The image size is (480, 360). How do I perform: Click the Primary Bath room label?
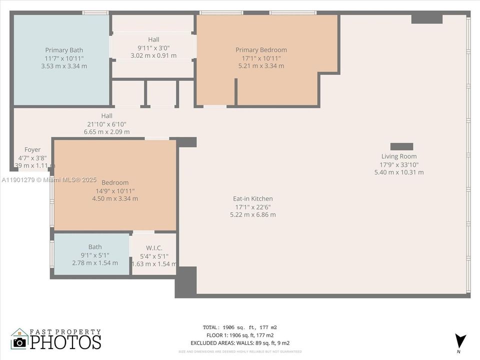[64, 50]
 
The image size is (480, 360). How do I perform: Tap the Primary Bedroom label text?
[261, 50]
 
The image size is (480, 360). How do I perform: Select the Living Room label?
[398, 156]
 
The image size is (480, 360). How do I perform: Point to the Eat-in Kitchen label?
[253, 199]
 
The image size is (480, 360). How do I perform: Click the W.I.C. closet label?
[154, 248]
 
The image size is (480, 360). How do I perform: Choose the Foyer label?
[32, 150]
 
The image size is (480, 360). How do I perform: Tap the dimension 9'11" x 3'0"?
[153, 48]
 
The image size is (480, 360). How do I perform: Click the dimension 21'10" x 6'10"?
[106, 124]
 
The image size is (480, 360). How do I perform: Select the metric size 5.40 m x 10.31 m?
[398, 172]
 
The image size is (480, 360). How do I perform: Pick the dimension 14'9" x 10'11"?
[115, 191]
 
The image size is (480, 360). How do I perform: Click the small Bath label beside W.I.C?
[95, 247]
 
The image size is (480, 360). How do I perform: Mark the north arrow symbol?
[459, 339]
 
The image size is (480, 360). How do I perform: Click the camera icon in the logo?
[19, 341]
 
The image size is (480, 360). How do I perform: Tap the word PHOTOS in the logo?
[65, 342]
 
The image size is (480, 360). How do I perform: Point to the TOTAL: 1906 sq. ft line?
[240, 327]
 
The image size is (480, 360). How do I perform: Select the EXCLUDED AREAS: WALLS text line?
[240, 343]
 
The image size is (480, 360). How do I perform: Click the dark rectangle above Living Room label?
[401, 146]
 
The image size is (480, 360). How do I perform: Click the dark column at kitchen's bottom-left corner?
[185, 281]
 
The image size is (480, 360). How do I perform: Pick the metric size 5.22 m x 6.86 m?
[253, 215]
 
